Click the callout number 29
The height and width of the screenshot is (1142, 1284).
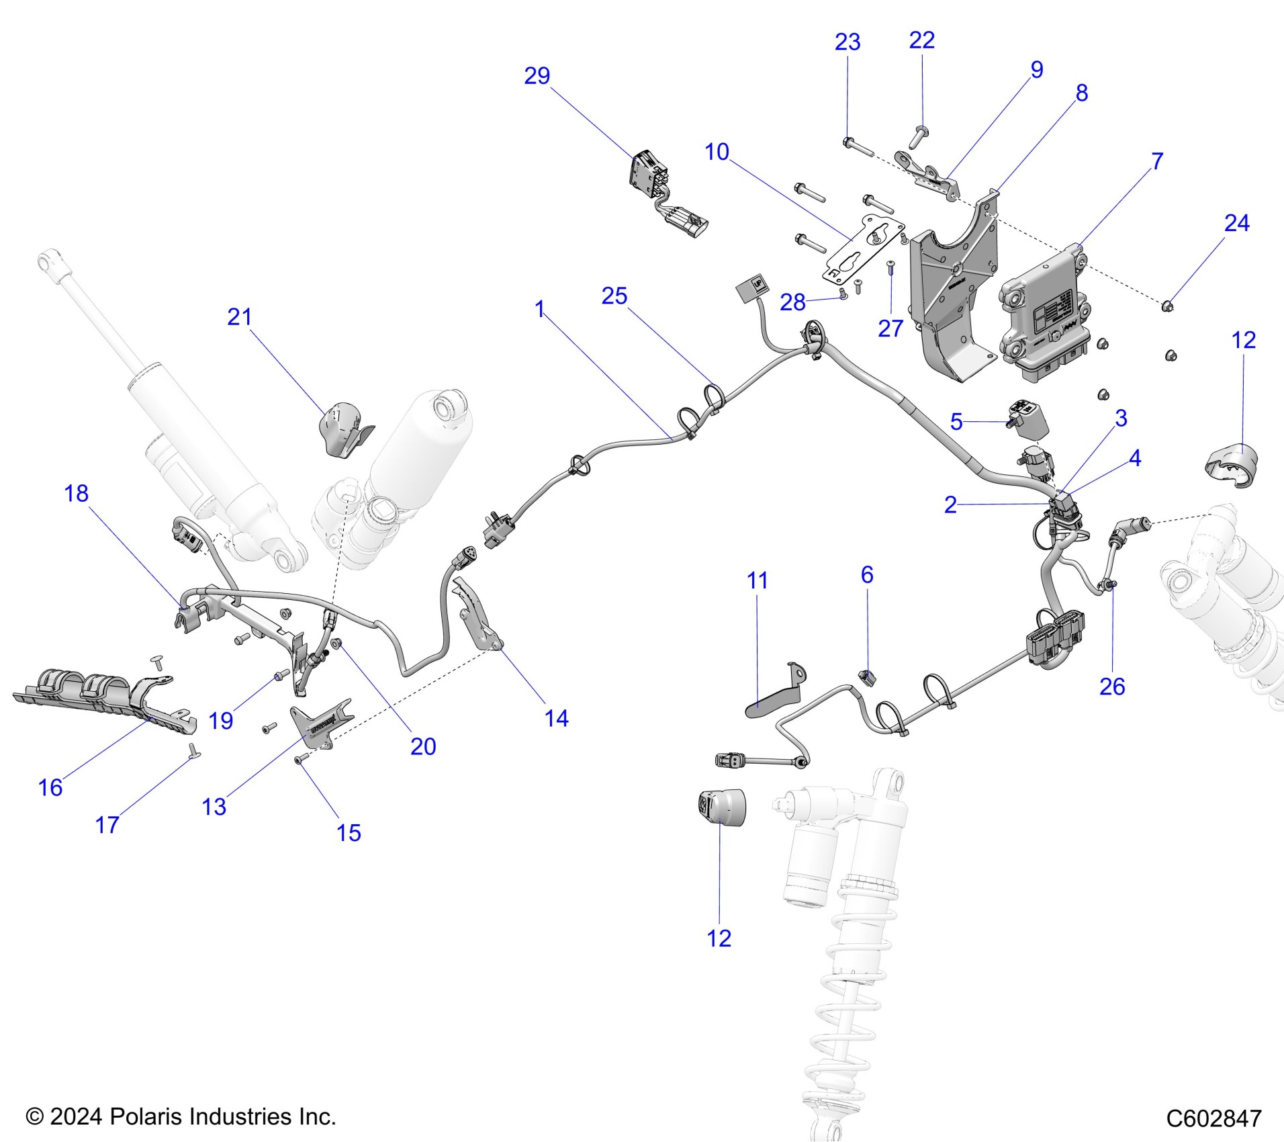[537, 76]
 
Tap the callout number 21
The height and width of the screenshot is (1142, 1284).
[240, 317]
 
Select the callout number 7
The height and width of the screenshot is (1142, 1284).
[1157, 161]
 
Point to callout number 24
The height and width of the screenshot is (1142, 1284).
[1236, 223]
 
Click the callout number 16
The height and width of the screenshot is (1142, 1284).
[50, 787]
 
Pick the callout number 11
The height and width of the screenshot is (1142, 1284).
[758, 580]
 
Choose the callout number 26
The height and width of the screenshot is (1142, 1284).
[1112, 686]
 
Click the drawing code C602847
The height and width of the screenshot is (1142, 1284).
[1213, 1118]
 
